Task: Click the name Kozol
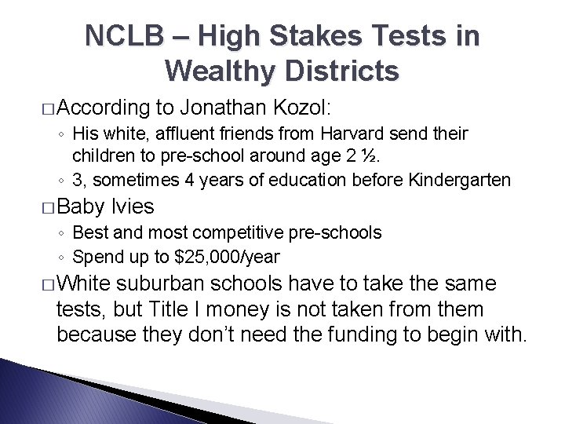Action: click(313, 107)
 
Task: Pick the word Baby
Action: click(82, 207)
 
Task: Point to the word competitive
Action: click(255, 232)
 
